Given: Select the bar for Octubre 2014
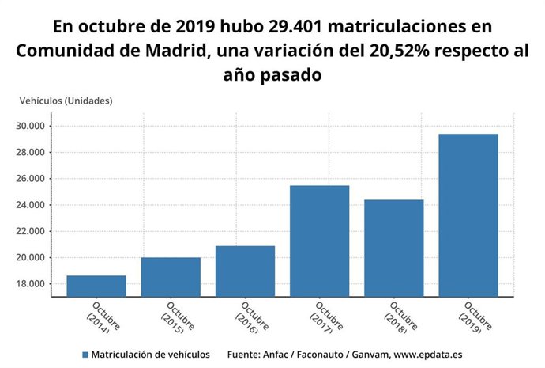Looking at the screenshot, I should tap(96, 286).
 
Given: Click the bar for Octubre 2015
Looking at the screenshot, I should tap(171, 277).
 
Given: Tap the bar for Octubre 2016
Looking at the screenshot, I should tap(245, 271).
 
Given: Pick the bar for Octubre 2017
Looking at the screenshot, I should tap(319, 241).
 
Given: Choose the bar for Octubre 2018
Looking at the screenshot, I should tap(393, 248).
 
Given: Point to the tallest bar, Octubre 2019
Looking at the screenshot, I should tap(468, 215).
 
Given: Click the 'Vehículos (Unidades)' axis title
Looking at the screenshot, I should tap(66, 101).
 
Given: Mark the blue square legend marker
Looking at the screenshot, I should tap(85, 355).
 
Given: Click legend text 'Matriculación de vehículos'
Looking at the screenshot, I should tap(150, 355).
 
